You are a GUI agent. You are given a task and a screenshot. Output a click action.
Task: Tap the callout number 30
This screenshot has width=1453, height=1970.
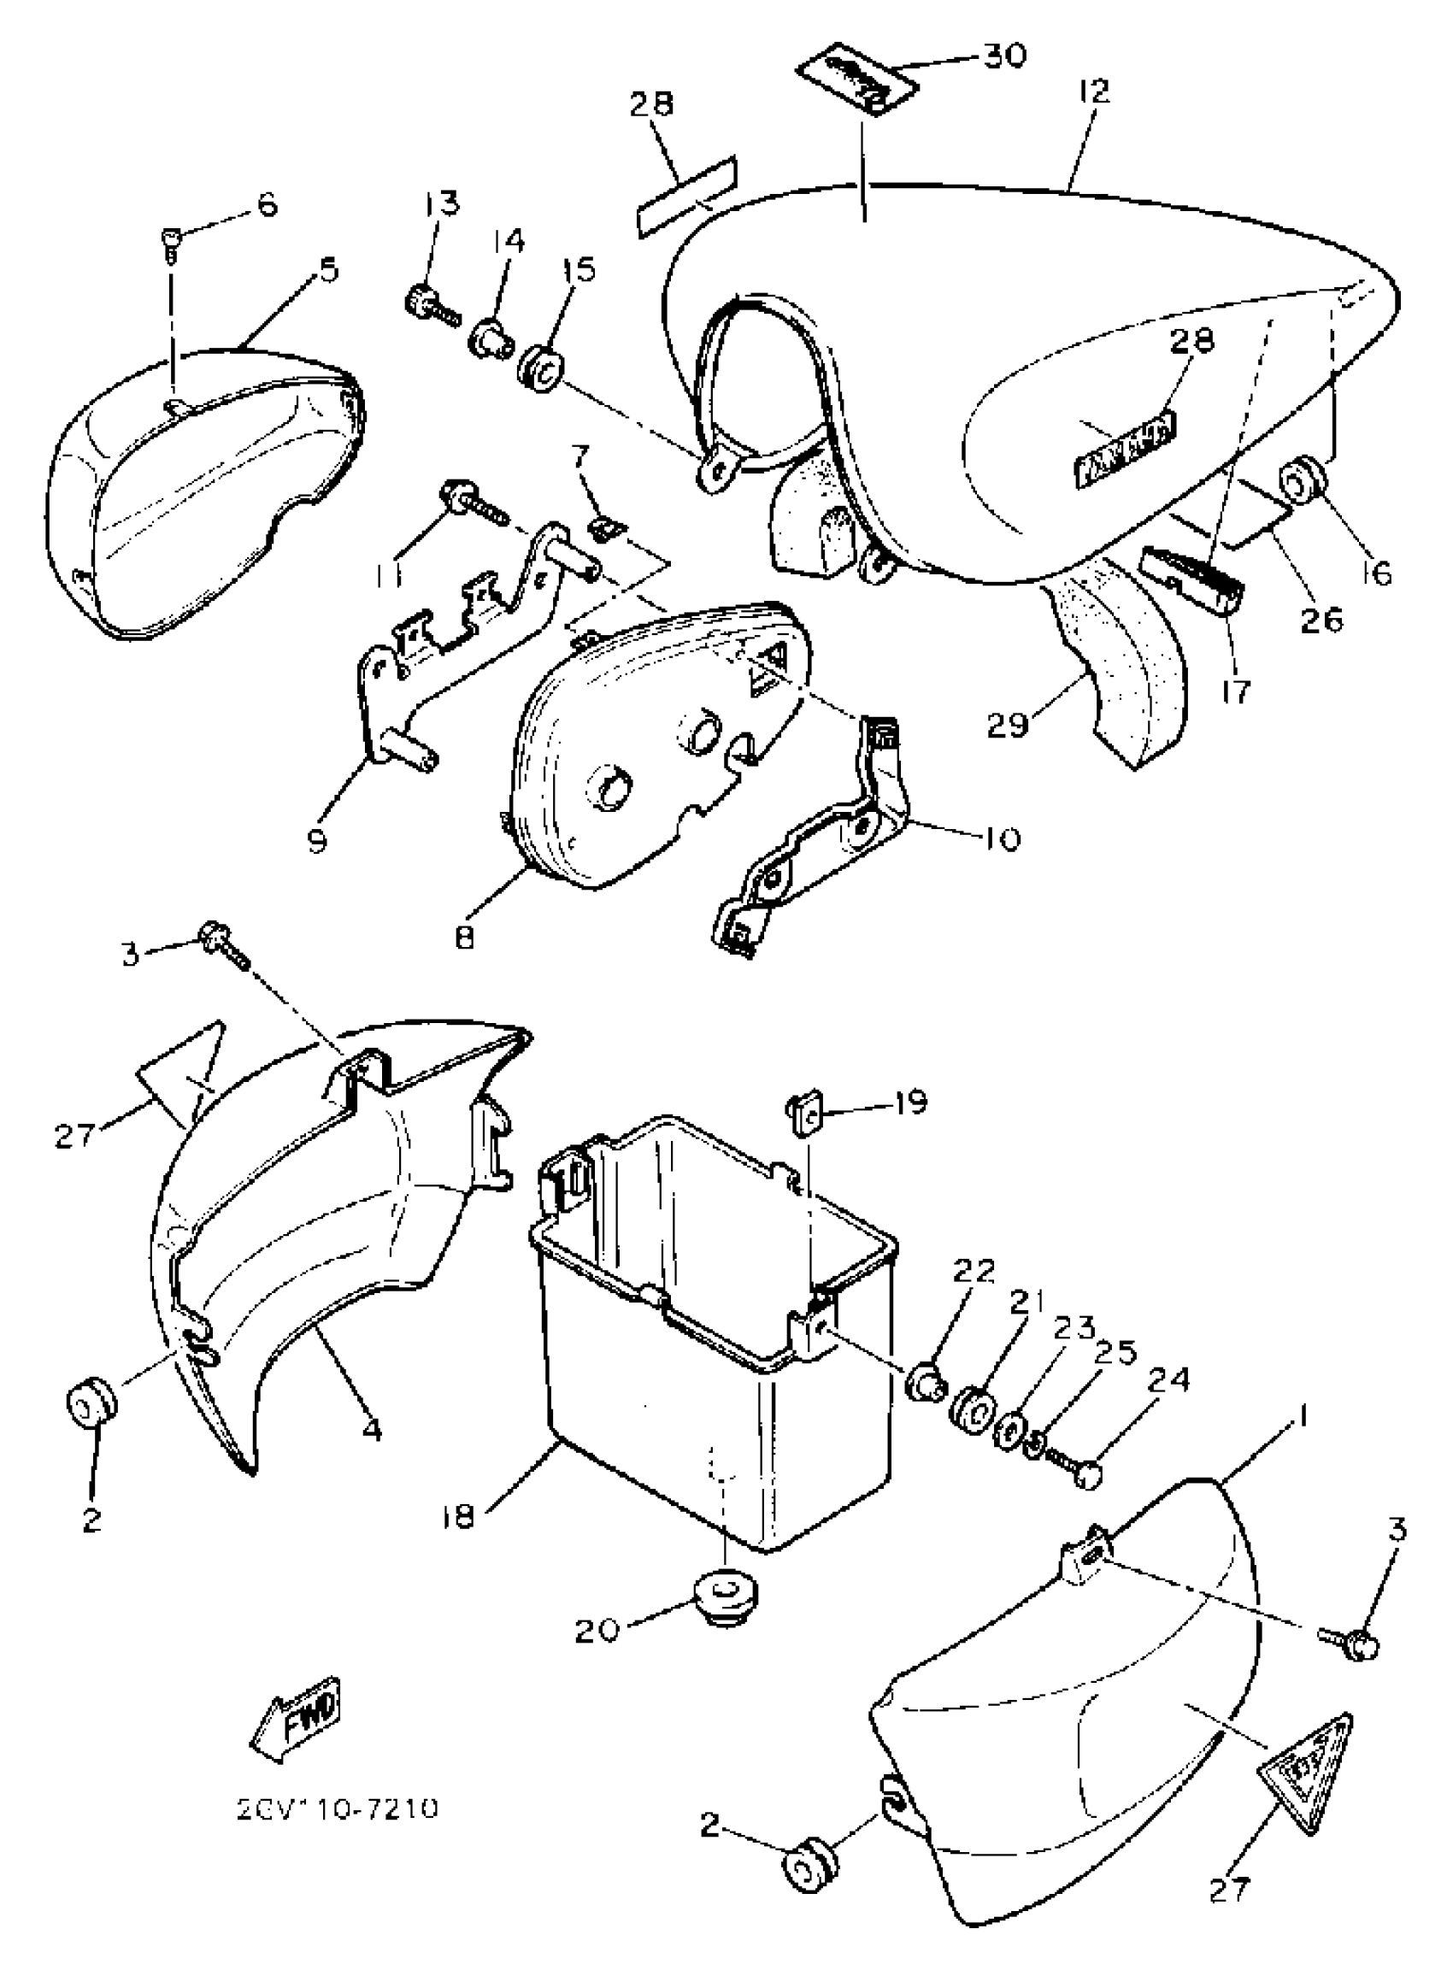coord(1003,56)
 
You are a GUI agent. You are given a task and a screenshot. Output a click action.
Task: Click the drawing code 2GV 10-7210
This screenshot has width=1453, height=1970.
coord(338,1826)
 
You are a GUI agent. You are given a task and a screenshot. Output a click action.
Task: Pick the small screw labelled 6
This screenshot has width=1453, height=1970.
coord(171,242)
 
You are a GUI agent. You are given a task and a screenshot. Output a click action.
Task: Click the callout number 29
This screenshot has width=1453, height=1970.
coord(1008,726)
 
